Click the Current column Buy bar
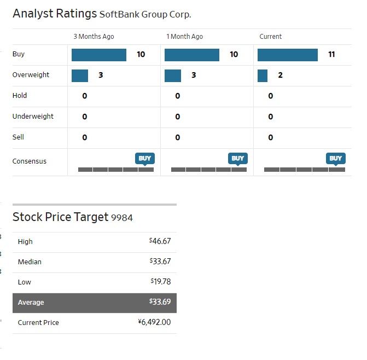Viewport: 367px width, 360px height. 287,55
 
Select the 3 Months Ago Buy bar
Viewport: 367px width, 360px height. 99,55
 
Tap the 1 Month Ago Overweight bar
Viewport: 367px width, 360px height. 173,76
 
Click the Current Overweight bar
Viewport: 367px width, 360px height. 263,76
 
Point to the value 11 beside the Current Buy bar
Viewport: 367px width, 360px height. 331,55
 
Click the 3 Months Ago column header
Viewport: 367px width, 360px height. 94,37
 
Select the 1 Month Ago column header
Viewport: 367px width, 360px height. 184,37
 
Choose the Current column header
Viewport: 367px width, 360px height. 271,37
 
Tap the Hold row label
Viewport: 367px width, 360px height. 20,96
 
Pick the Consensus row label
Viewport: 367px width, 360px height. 30,161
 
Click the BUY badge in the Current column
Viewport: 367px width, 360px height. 336,158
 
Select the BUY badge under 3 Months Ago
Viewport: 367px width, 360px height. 145,158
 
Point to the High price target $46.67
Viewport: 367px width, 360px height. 160,241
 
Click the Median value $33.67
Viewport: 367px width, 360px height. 160,262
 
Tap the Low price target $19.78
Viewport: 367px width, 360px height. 160,282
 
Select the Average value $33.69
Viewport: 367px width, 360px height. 160,302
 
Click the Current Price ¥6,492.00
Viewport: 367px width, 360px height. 154,322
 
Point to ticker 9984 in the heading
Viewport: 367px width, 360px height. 122,218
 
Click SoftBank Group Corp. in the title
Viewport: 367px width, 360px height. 145,15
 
